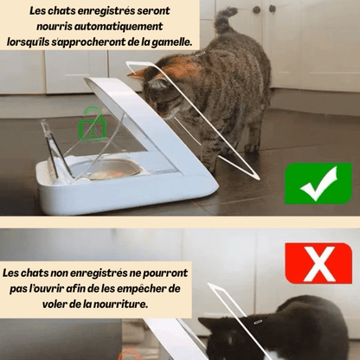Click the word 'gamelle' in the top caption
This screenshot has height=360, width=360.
[x=171, y=41]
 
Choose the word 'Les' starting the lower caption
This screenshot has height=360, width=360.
[x=14, y=273]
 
